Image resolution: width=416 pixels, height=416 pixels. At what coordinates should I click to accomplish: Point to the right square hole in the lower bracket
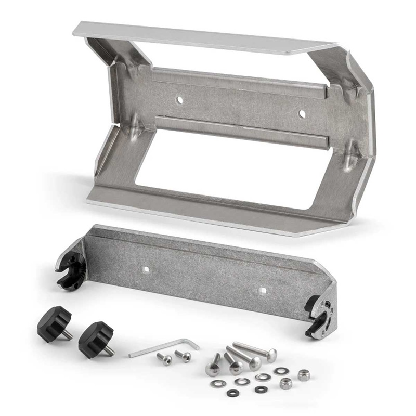[263, 290]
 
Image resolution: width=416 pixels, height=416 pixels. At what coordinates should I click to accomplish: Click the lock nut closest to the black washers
[285, 384]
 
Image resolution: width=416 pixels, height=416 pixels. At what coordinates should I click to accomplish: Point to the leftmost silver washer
[214, 383]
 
